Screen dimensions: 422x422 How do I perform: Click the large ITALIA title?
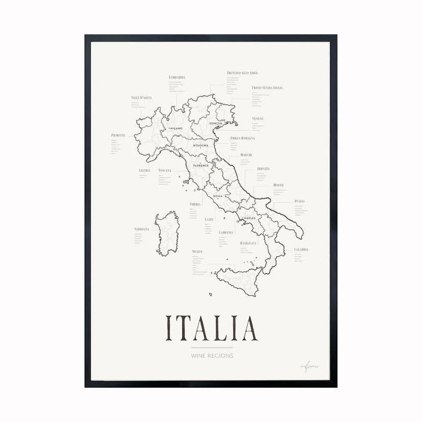click(x=212, y=328)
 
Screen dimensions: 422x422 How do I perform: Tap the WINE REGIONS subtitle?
click(x=212, y=355)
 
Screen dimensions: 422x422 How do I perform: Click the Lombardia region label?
click(x=177, y=77)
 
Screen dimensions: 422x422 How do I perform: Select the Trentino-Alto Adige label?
click(x=242, y=73)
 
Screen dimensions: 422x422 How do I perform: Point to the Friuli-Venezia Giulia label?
click(x=267, y=88)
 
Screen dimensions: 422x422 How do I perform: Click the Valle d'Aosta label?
click(x=141, y=97)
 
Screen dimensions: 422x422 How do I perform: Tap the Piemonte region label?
click(x=118, y=135)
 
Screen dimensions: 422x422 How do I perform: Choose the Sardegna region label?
click(x=142, y=229)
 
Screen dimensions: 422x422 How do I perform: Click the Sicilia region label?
click(x=198, y=252)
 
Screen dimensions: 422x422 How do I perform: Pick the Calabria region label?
click(x=301, y=250)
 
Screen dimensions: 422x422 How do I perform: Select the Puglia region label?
click(x=299, y=201)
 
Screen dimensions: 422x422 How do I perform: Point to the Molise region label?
click(x=278, y=185)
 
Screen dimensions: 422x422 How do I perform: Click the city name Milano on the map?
click(x=176, y=128)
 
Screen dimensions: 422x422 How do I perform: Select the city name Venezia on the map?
click(x=216, y=124)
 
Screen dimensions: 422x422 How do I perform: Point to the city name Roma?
click(x=218, y=196)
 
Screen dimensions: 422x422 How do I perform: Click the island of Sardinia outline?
click(x=167, y=234)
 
